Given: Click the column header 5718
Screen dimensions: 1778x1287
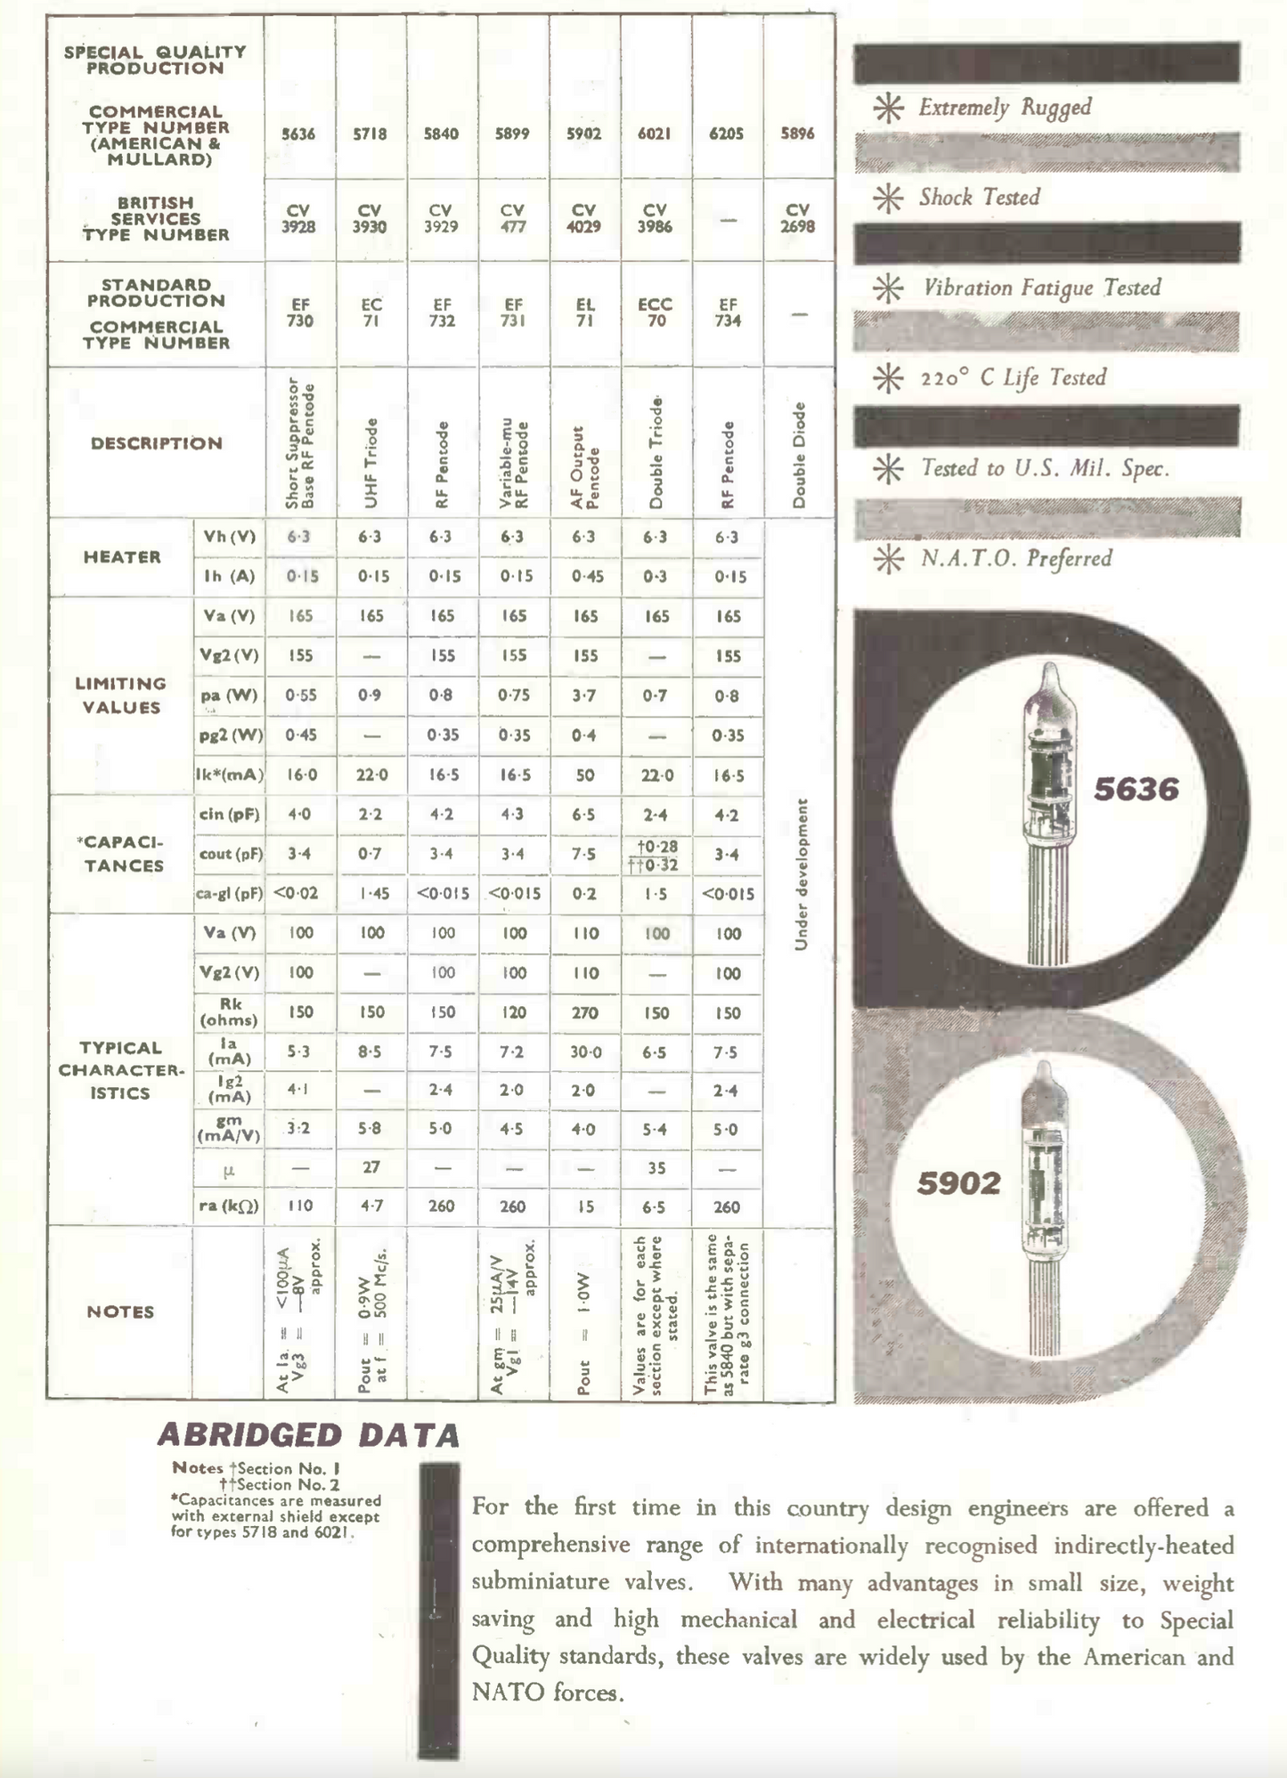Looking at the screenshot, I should click(x=370, y=134).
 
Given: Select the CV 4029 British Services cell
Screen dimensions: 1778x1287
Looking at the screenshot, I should click(x=583, y=218).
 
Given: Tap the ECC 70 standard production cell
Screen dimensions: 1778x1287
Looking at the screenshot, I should click(x=656, y=313).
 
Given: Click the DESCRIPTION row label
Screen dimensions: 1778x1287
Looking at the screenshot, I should click(x=157, y=443).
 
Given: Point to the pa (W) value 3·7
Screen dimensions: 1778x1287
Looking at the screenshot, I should click(x=584, y=695).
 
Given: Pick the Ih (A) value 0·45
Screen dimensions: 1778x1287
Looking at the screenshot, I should click(x=584, y=576).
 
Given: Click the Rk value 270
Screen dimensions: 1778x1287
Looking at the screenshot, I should click(x=584, y=1012).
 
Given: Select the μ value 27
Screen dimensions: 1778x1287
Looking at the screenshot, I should click(x=371, y=1167).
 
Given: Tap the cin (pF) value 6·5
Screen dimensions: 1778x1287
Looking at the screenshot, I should click(x=584, y=815).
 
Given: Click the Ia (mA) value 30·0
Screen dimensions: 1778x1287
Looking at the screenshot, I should click(x=584, y=1052).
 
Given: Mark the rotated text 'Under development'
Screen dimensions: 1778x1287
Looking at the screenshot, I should click(x=801, y=874).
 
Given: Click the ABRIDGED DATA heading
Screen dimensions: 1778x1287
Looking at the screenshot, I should click(x=309, y=1435).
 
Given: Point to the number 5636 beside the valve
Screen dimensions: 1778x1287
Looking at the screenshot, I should click(x=1136, y=789).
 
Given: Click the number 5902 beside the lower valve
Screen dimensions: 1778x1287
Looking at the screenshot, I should click(x=959, y=1183).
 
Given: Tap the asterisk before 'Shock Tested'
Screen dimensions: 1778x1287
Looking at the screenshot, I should click(x=888, y=198).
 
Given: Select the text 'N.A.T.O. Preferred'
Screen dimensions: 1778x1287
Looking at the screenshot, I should click(x=1016, y=559).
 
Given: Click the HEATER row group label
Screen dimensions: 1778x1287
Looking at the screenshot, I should click(x=122, y=557).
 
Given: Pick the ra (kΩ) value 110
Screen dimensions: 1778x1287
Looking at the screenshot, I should click(x=300, y=1206).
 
